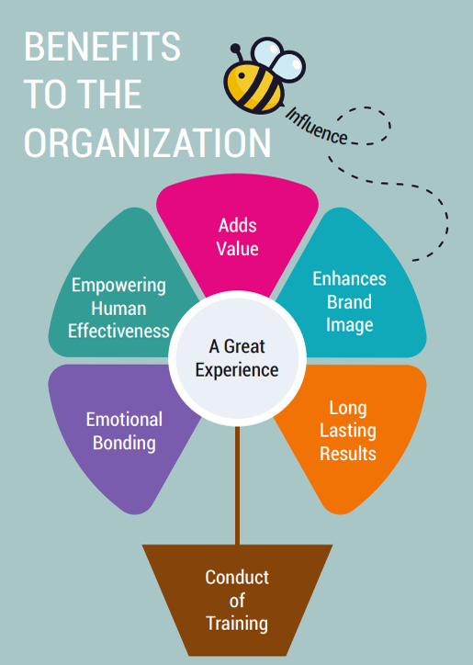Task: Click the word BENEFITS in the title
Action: point(102,46)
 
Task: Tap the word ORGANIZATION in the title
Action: point(147,142)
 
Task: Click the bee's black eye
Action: point(242,76)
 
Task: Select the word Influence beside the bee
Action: point(317,126)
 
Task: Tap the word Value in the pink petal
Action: point(238,249)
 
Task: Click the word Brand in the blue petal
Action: point(349,302)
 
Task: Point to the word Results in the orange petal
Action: point(348,454)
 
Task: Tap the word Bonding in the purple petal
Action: point(124,444)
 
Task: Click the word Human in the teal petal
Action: point(118,309)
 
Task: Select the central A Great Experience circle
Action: point(237,358)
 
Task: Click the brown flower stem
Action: point(237,486)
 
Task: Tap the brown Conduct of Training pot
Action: point(237,600)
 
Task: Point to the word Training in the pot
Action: point(237,624)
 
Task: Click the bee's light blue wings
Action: point(278,61)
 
